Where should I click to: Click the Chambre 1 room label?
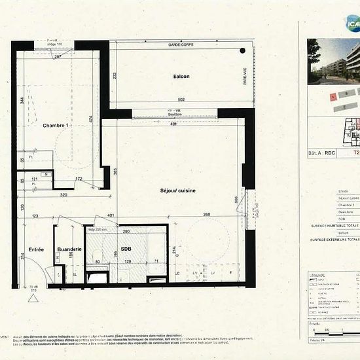[x=56, y=125]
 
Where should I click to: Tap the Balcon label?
[x=181, y=77]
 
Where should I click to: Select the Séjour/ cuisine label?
[x=177, y=190]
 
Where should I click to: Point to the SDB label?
[x=126, y=249]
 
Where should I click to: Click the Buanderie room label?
[x=69, y=249]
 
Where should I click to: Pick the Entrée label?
[x=36, y=249]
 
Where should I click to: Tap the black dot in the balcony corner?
[x=242, y=50]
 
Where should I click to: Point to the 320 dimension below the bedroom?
[x=63, y=195]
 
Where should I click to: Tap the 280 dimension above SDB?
[x=127, y=231]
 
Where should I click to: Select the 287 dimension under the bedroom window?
[x=58, y=57]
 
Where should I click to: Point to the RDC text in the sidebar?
[x=330, y=153]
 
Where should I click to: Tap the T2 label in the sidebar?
[x=356, y=153]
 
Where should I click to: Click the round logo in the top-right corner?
[x=352, y=24]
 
